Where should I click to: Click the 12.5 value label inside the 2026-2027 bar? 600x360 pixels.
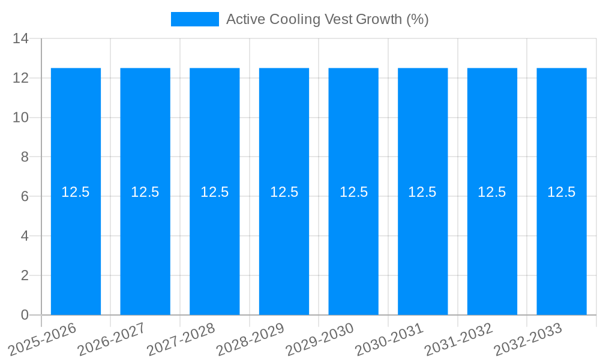tap(145, 192)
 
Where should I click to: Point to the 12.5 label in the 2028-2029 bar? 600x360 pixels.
tap(284, 192)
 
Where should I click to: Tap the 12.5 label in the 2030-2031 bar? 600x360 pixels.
tap(422, 192)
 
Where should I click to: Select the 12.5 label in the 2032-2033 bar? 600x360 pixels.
tap(562, 192)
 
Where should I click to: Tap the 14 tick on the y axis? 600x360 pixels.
tap(21, 38)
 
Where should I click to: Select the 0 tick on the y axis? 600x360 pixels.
tap(25, 315)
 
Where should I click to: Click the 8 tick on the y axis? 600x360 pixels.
tap(25, 157)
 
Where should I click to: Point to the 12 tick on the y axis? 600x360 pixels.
tap(21, 78)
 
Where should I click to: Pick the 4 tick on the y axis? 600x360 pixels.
tap(25, 236)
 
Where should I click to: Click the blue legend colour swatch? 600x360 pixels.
tap(195, 19)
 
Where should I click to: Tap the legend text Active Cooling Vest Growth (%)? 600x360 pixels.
tap(327, 19)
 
